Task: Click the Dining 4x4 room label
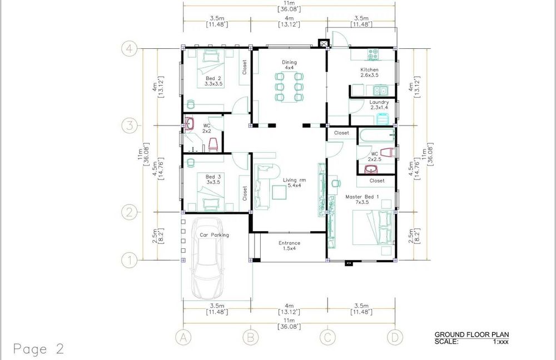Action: coord(289,65)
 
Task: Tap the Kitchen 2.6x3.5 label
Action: coord(370,72)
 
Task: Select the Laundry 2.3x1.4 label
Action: coord(379,104)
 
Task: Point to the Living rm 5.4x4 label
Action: coord(294,182)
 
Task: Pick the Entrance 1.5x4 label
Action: coord(289,246)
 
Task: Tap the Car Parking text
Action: coord(214,235)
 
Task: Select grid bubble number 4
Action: coord(130,48)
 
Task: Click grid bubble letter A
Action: coord(183,337)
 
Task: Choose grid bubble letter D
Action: coord(395,337)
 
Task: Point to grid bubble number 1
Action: coord(130,261)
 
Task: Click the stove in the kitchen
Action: coord(373,54)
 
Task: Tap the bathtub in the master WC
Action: coord(377,136)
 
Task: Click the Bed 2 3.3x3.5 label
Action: coord(214,81)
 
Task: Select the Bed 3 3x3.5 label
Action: coord(214,179)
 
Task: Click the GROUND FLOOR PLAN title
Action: coord(471,334)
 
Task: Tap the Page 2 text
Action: coord(39,349)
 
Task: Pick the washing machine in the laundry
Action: coord(383,119)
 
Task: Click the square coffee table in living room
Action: coord(279,192)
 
